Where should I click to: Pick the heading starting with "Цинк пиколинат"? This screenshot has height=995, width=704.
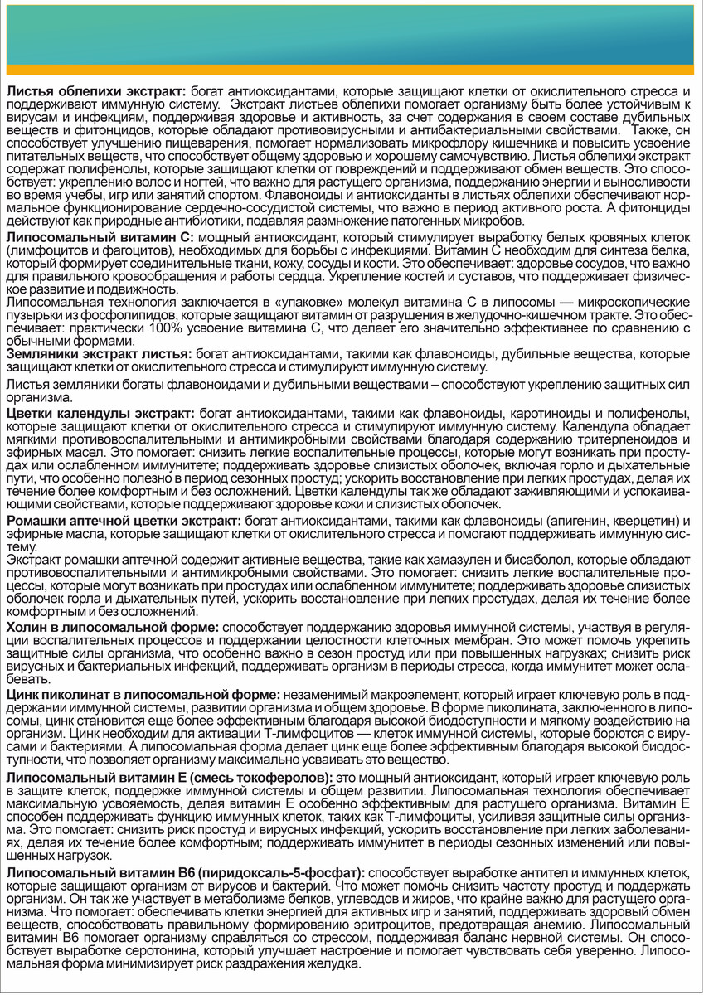pos(142,692)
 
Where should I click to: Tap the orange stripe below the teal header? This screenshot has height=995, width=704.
pos(352,69)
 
